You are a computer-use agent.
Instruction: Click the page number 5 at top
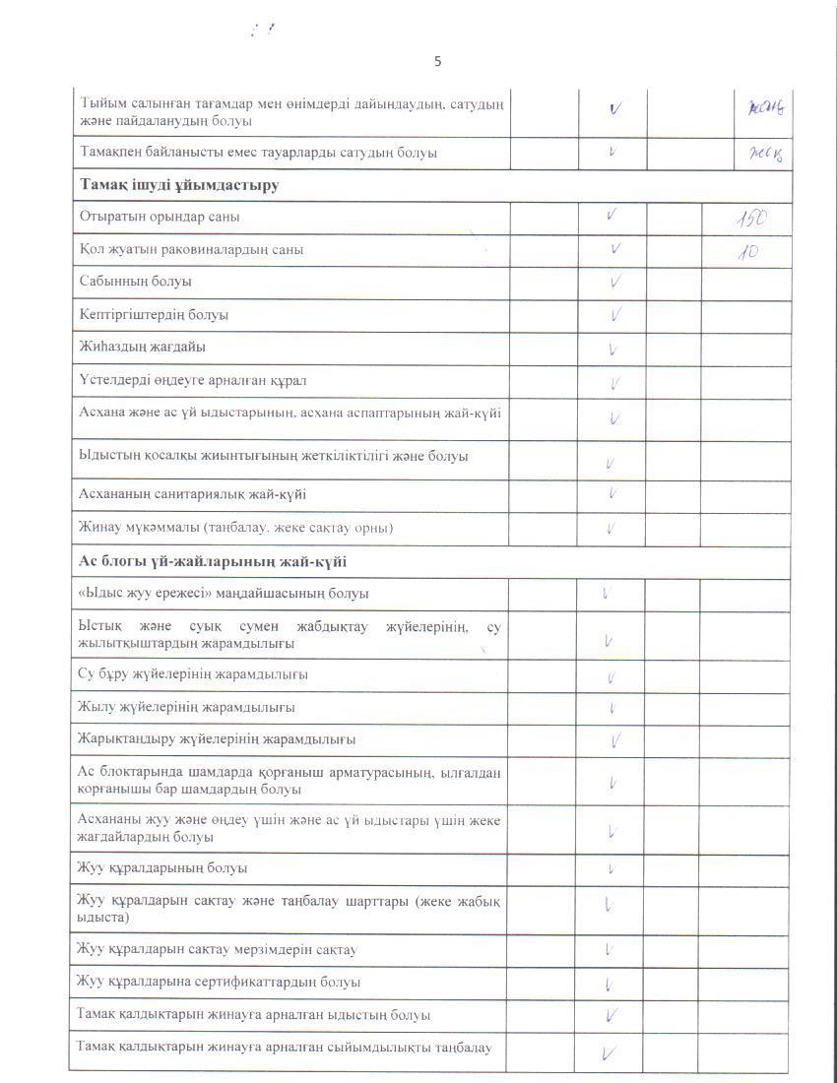click(438, 62)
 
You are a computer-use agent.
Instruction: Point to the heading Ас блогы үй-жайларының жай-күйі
click(212, 562)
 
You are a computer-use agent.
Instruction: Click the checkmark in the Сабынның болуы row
click(614, 283)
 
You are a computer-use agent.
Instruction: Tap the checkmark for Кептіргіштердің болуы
click(615, 315)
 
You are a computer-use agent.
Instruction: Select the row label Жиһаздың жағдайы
click(143, 347)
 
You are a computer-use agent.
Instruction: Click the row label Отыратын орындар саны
click(160, 217)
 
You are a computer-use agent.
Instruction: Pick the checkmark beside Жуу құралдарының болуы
click(612, 868)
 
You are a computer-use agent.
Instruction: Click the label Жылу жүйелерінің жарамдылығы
click(186, 707)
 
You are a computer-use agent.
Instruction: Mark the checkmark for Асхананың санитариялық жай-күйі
click(612, 493)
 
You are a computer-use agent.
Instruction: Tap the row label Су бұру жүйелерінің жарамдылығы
click(193, 674)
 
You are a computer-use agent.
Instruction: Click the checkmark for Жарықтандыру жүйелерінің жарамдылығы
click(615, 739)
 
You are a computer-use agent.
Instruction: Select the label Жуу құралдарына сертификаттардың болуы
click(219, 982)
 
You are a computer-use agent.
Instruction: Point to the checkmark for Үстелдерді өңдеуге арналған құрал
click(614, 383)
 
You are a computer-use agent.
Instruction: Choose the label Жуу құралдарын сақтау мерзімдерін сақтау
click(217, 950)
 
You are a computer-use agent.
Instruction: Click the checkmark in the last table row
click(611, 1054)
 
